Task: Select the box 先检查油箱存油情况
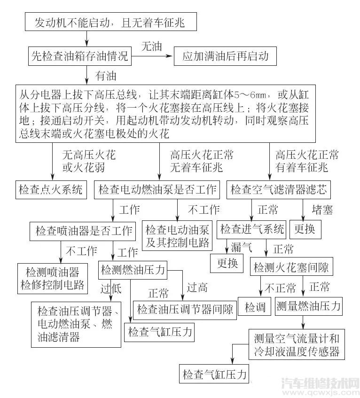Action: click(x=79, y=56)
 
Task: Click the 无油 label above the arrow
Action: click(x=151, y=46)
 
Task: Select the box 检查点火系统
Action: click(x=51, y=189)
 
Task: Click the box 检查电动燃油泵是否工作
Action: click(x=158, y=189)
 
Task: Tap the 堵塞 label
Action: click(x=322, y=210)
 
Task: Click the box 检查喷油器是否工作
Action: click(x=84, y=231)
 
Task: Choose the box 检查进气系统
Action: click(x=252, y=229)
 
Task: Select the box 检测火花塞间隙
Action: click(x=291, y=268)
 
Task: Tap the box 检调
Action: click(x=255, y=307)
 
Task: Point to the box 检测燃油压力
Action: click(x=133, y=270)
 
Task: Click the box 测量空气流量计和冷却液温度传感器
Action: click(x=296, y=344)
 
